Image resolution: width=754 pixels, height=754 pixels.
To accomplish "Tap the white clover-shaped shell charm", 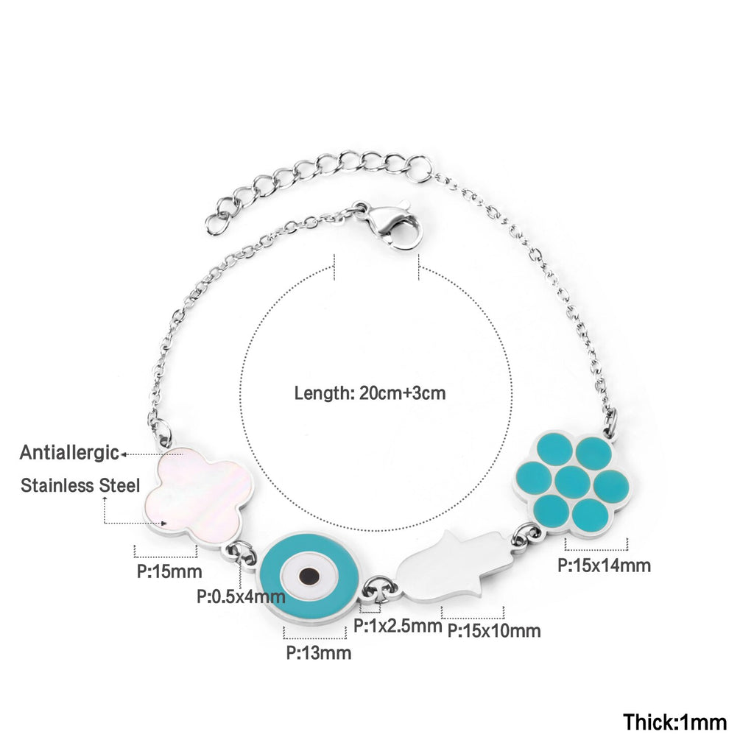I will pos(197,490).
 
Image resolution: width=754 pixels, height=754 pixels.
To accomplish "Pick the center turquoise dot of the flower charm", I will pos(572,482).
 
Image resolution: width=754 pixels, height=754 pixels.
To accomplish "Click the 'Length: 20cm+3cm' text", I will pos(370,392).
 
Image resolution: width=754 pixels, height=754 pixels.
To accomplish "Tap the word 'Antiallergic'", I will pos(69,452).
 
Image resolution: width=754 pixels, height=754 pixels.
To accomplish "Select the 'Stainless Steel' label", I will pos(80,485).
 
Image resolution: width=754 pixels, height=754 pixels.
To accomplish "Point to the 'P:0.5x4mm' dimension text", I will pos(241,596).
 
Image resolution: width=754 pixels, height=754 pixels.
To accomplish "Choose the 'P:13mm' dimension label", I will pos(318,652).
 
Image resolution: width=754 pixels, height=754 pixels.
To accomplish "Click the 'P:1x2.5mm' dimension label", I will pos(398,627).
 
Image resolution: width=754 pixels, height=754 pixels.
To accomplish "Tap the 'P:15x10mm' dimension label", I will pos(494,630).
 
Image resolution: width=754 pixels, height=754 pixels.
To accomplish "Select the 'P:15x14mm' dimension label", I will pos(604,565).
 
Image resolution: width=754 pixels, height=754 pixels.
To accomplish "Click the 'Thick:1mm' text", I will pos(675,722).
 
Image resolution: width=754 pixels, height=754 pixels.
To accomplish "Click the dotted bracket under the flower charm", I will pos(596,545).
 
